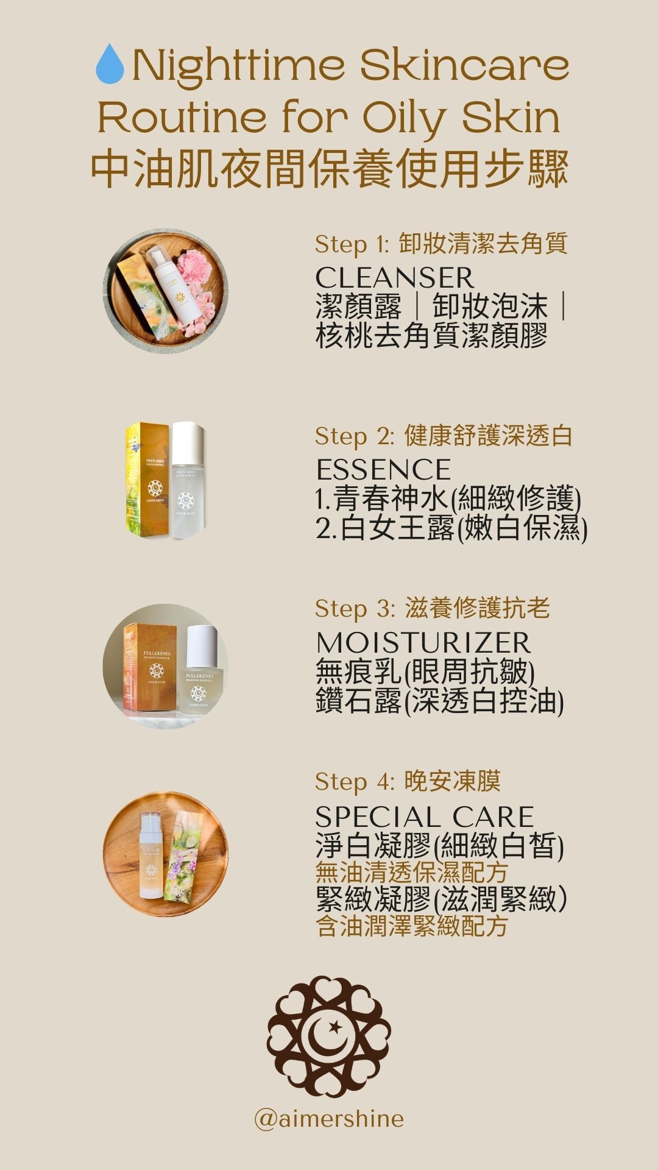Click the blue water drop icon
point(110,63)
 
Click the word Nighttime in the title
point(238,66)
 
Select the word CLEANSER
point(394,278)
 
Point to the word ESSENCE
point(383,470)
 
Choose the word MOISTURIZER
point(423,643)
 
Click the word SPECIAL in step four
point(378,817)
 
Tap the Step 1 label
point(352,244)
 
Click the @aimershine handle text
point(329,1119)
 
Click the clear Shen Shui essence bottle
point(187,481)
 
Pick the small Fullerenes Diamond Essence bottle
point(202,670)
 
